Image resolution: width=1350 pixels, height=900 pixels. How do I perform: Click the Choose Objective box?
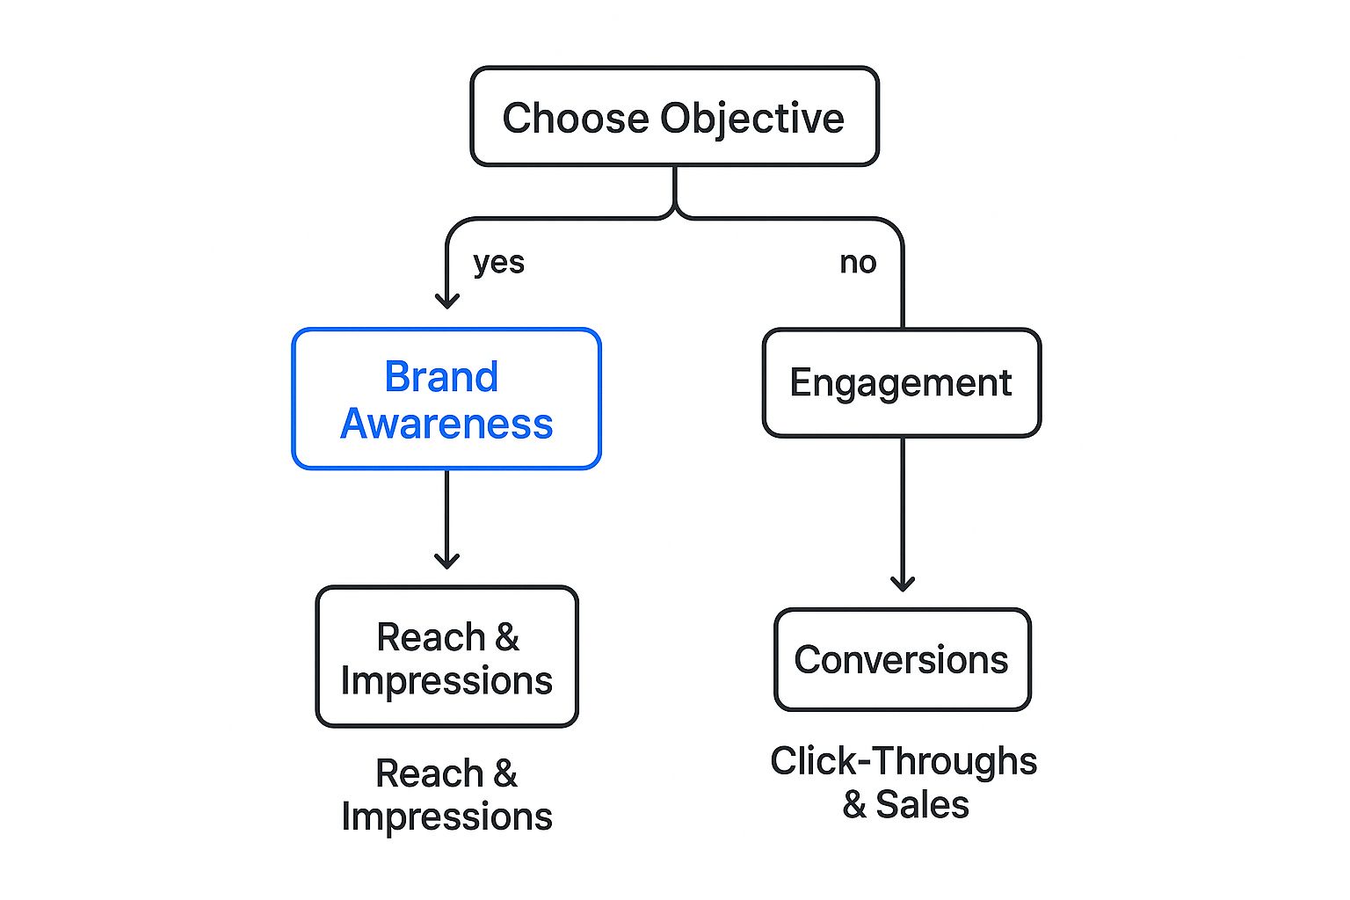pyautogui.click(x=674, y=116)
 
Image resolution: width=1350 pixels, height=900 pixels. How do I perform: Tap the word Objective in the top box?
pyautogui.click(x=752, y=119)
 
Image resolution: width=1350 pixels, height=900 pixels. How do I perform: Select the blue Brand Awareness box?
pyautogui.click(x=446, y=399)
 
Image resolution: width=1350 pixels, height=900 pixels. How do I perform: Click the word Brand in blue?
pyautogui.click(x=441, y=377)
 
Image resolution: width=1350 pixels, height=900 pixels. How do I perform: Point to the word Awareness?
pyautogui.click(x=446, y=424)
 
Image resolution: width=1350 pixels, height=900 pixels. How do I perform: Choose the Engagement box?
pyautogui.click(x=901, y=382)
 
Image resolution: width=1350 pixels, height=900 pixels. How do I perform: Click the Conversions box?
pyautogui.click(x=902, y=659)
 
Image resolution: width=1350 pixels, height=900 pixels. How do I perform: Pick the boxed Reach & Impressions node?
pyautogui.click(x=446, y=657)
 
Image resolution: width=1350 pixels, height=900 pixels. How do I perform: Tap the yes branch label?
pyautogui.click(x=498, y=262)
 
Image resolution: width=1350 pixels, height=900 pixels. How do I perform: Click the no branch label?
pyautogui.click(x=858, y=262)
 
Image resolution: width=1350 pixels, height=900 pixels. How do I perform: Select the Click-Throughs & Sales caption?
pyautogui.click(x=904, y=782)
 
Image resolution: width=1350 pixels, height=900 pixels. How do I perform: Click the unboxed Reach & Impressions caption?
pyautogui.click(x=446, y=795)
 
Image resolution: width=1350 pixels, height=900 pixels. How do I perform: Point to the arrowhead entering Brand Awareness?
pyautogui.click(x=447, y=300)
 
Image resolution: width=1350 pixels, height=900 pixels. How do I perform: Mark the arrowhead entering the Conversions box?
pyautogui.click(x=903, y=583)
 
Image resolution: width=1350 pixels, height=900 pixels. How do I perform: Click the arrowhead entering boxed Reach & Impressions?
pyautogui.click(x=447, y=560)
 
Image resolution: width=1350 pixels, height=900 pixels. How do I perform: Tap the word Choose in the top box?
pyautogui.click(x=576, y=118)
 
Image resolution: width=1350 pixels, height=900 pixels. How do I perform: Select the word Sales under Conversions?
pyautogui.click(x=922, y=805)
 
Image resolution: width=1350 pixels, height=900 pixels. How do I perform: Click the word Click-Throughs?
pyautogui.click(x=904, y=761)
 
